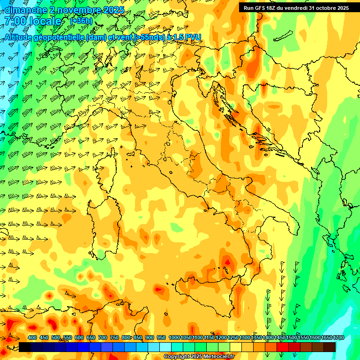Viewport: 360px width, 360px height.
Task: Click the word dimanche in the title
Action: click(x=26, y=10)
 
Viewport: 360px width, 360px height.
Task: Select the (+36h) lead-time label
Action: click(x=81, y=21)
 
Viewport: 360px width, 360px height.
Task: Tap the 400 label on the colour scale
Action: click(x=32, y=337)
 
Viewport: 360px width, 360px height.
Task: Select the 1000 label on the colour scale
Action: click(x=174, y=337)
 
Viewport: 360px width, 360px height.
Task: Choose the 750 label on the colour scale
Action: click(x=114, y=337)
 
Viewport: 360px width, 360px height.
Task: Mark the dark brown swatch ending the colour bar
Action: click(x=330, y=347)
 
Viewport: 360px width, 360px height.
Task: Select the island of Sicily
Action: click(x=206, y=291)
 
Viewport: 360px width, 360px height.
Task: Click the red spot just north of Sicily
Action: click(x=228, y=262)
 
